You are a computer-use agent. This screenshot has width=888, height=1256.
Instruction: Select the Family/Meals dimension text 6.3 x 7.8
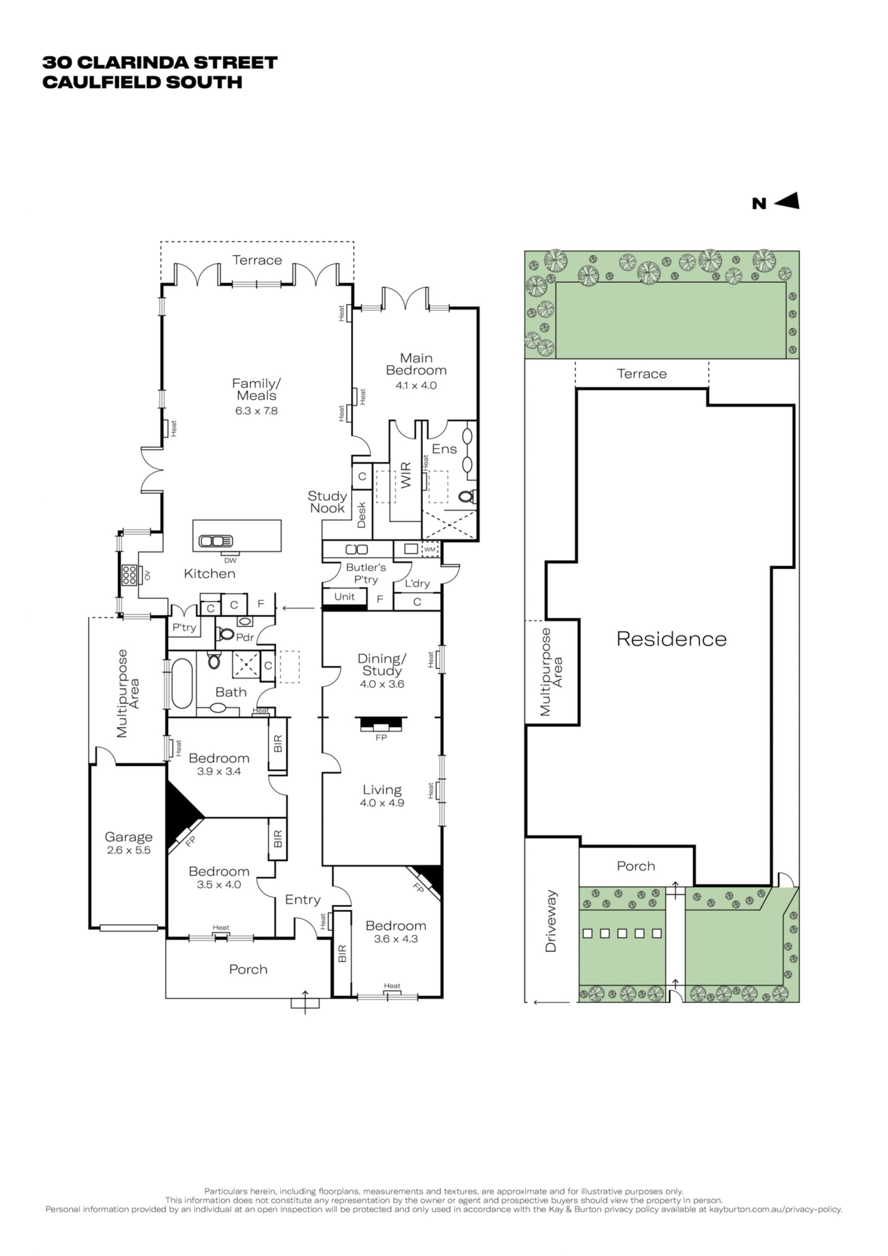[256, 411]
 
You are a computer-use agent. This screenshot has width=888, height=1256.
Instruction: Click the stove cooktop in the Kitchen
[129, 575]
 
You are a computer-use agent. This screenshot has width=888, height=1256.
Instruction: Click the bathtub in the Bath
[182, 683]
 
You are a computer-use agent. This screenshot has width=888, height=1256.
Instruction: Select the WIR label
[406, 475]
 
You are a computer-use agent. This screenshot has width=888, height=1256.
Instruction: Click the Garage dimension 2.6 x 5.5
[129, 850]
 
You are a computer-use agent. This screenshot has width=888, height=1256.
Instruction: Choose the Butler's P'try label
[366, 573]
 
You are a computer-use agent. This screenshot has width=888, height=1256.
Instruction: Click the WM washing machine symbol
[430, 549]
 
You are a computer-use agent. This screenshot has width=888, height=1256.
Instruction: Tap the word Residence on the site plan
[672, 639]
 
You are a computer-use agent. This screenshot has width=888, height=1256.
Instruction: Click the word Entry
[302, 900]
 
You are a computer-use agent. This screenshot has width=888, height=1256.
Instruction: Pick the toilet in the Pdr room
[225, 634]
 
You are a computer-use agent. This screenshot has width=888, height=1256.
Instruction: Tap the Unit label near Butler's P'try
[345, 596]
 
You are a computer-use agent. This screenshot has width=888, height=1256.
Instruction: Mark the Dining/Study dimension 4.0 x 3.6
[382, 684]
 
